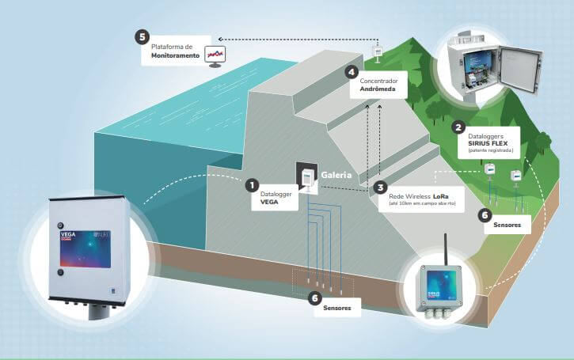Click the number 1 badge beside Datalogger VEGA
tap(252, 185)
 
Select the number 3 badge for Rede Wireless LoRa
tap(381, 189)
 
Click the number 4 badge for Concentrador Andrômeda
tap(352, 72)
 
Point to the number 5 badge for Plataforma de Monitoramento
tap(141, 37)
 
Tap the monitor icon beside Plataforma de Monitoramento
tap(215, 55)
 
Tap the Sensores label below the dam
tap(339, 309)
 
